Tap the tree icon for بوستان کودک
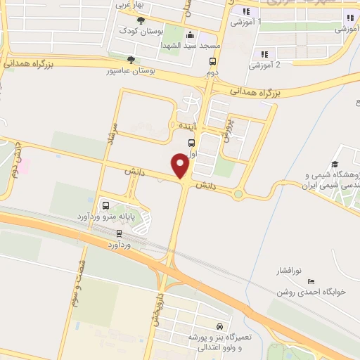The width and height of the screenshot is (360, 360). (x=140, y=20)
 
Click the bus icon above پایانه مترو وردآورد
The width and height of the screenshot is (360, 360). (x=105, y=206)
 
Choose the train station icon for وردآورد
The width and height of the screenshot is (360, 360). (x=119, y=234)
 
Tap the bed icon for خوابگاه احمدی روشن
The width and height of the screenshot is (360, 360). (x=311, y=281)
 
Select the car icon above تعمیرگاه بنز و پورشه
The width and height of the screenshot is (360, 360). (x=219, y=328)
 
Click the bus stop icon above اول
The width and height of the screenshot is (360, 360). (x=192, y=142)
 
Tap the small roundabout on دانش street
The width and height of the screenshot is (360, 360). (x=238, y=193)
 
